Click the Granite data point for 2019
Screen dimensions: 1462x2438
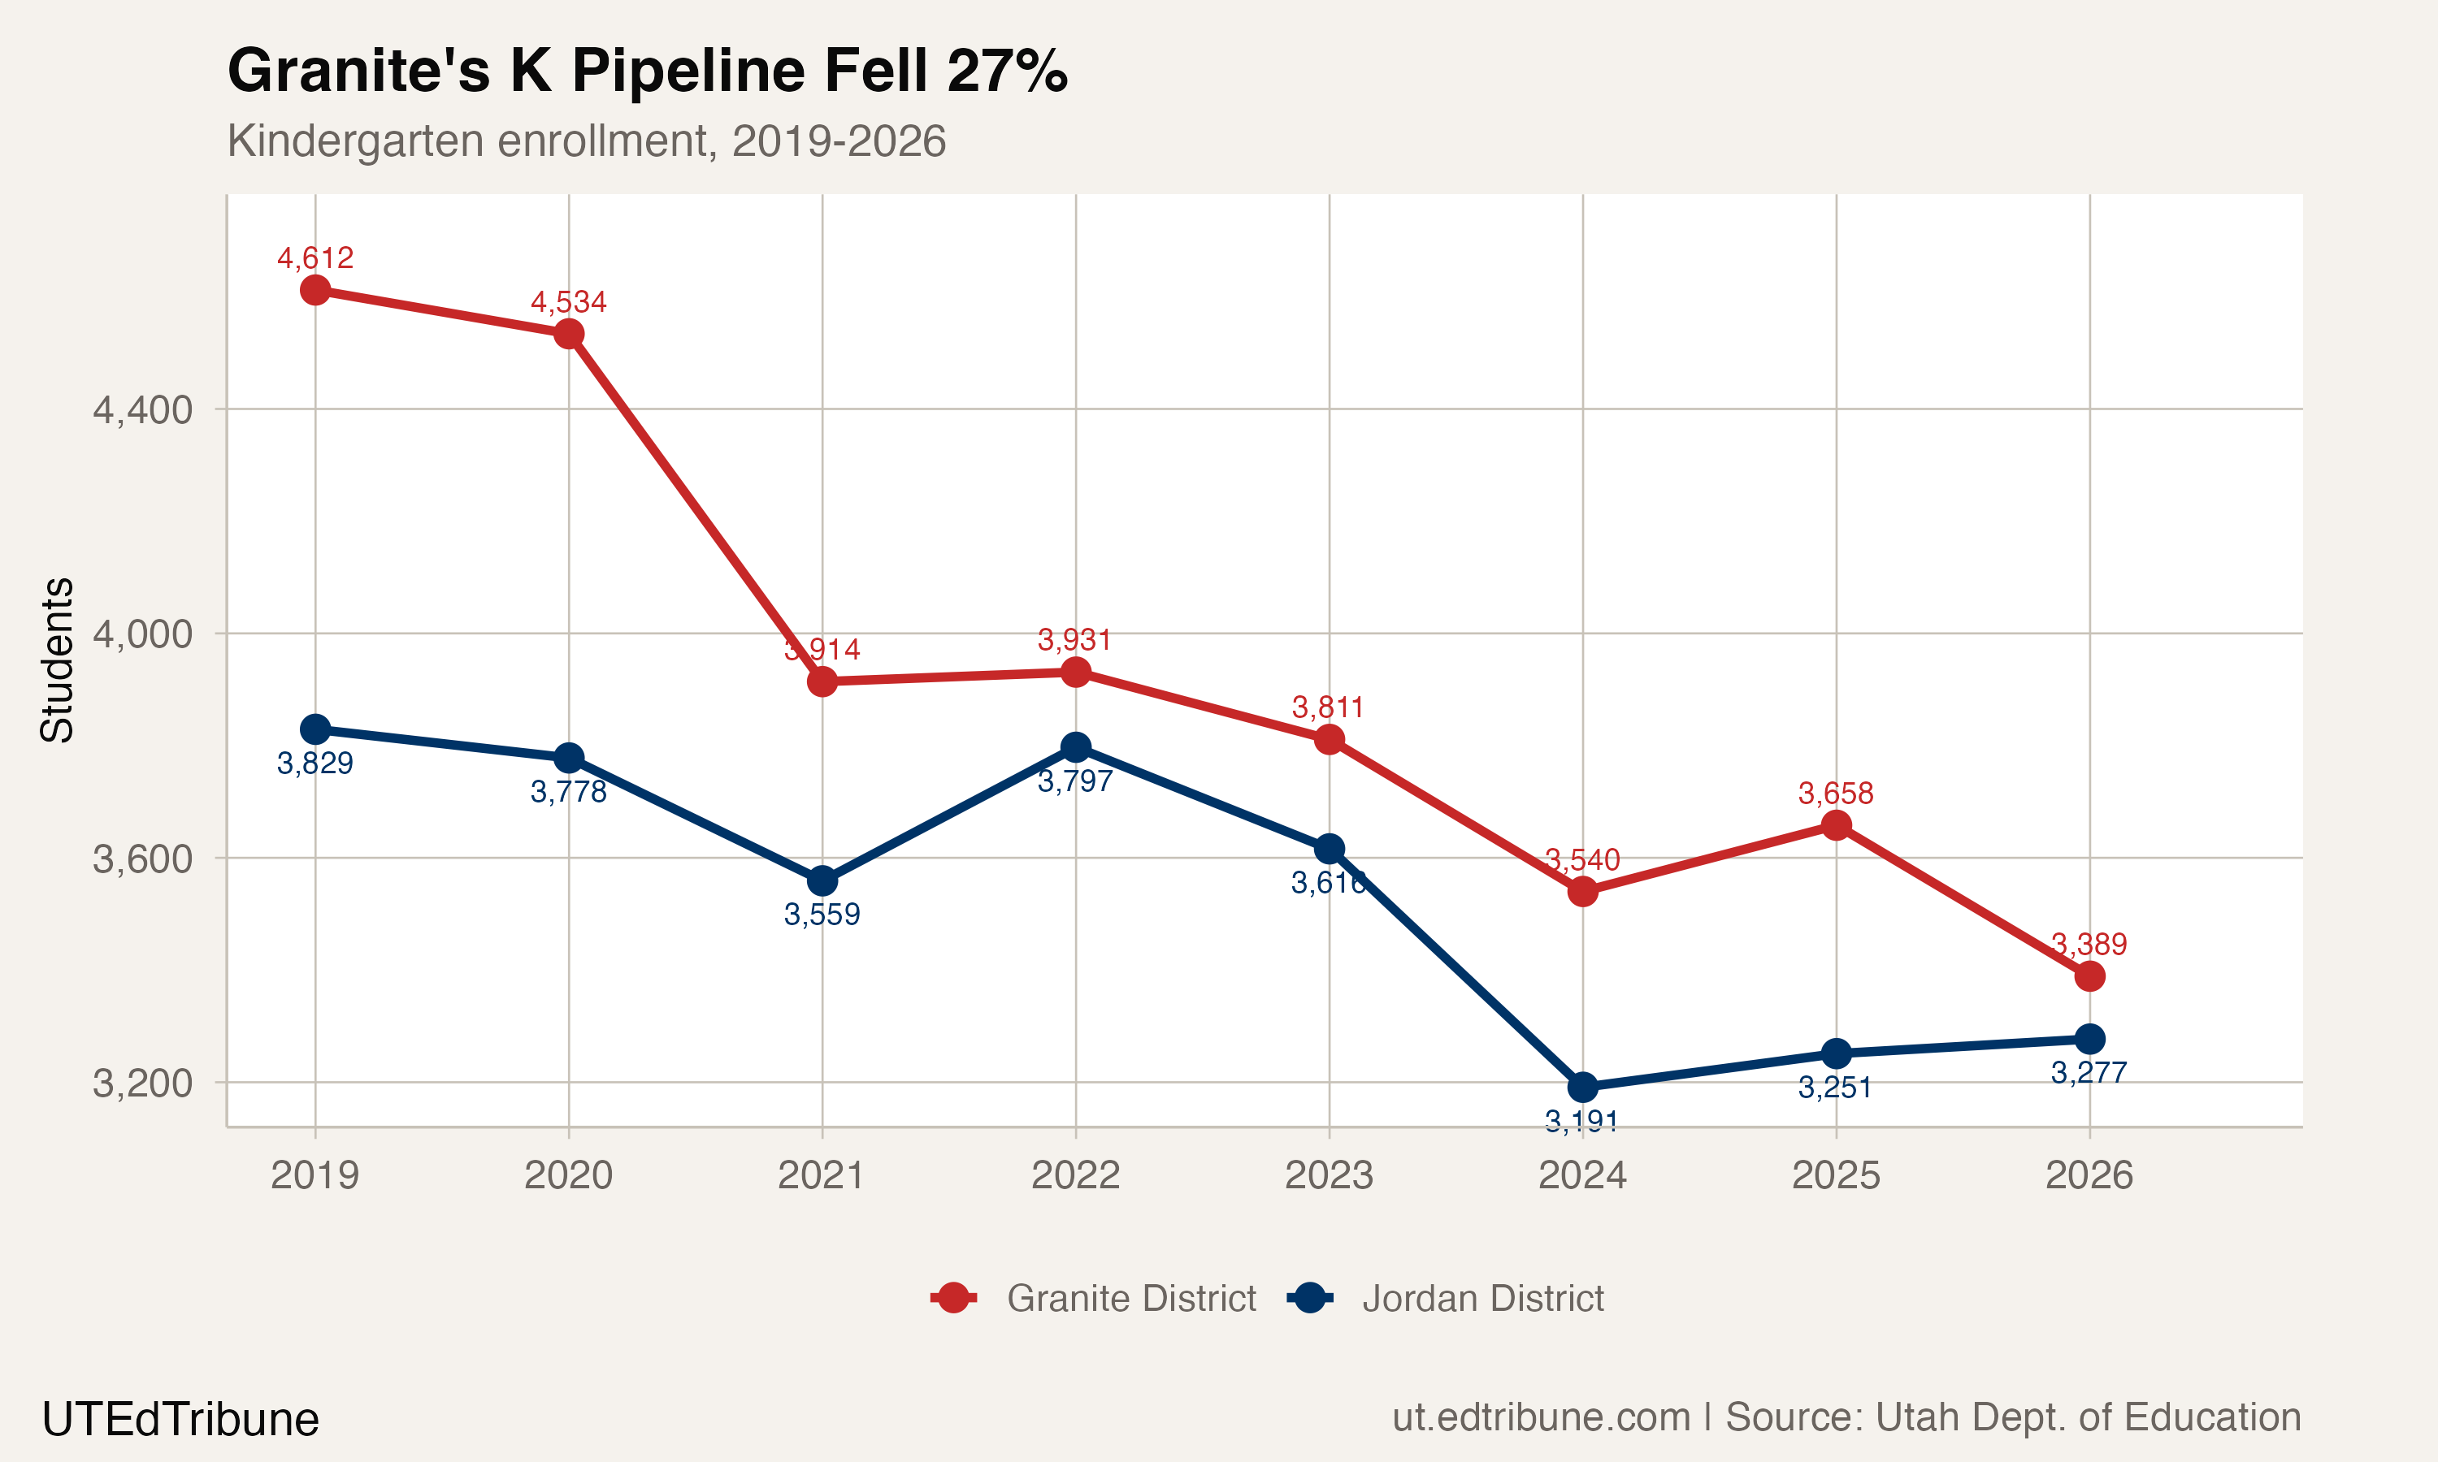(315, 290)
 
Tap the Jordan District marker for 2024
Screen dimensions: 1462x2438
(1582, 1088)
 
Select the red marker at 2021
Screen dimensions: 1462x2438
(822, 681)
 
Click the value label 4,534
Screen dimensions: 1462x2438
(569, 301)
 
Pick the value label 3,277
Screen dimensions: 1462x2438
(2089, 1073)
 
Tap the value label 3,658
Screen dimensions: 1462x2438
(1836, 793)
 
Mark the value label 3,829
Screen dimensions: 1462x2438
(315, 763)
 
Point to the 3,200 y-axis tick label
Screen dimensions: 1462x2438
(143, 1084)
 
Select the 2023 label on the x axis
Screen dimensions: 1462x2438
(1329, 1175)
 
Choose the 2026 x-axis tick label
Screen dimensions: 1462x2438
(2089, 1175)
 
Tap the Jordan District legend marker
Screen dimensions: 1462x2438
(1310, 1299)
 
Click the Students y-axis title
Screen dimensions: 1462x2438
(57, 660)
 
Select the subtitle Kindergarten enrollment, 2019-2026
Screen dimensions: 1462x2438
(587, 141)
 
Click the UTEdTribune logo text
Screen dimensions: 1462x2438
(180, 1420)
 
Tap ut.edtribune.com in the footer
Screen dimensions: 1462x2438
(1540, 1417)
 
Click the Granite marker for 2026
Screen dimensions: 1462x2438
(2089, 976)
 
